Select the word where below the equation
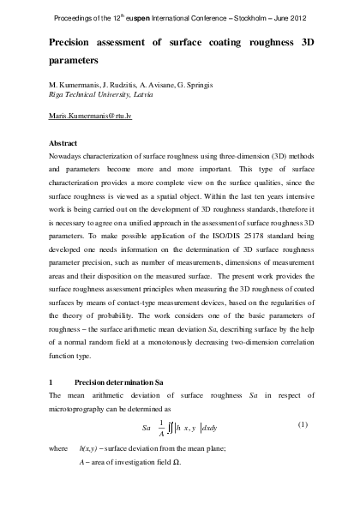[x=58, y=448]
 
